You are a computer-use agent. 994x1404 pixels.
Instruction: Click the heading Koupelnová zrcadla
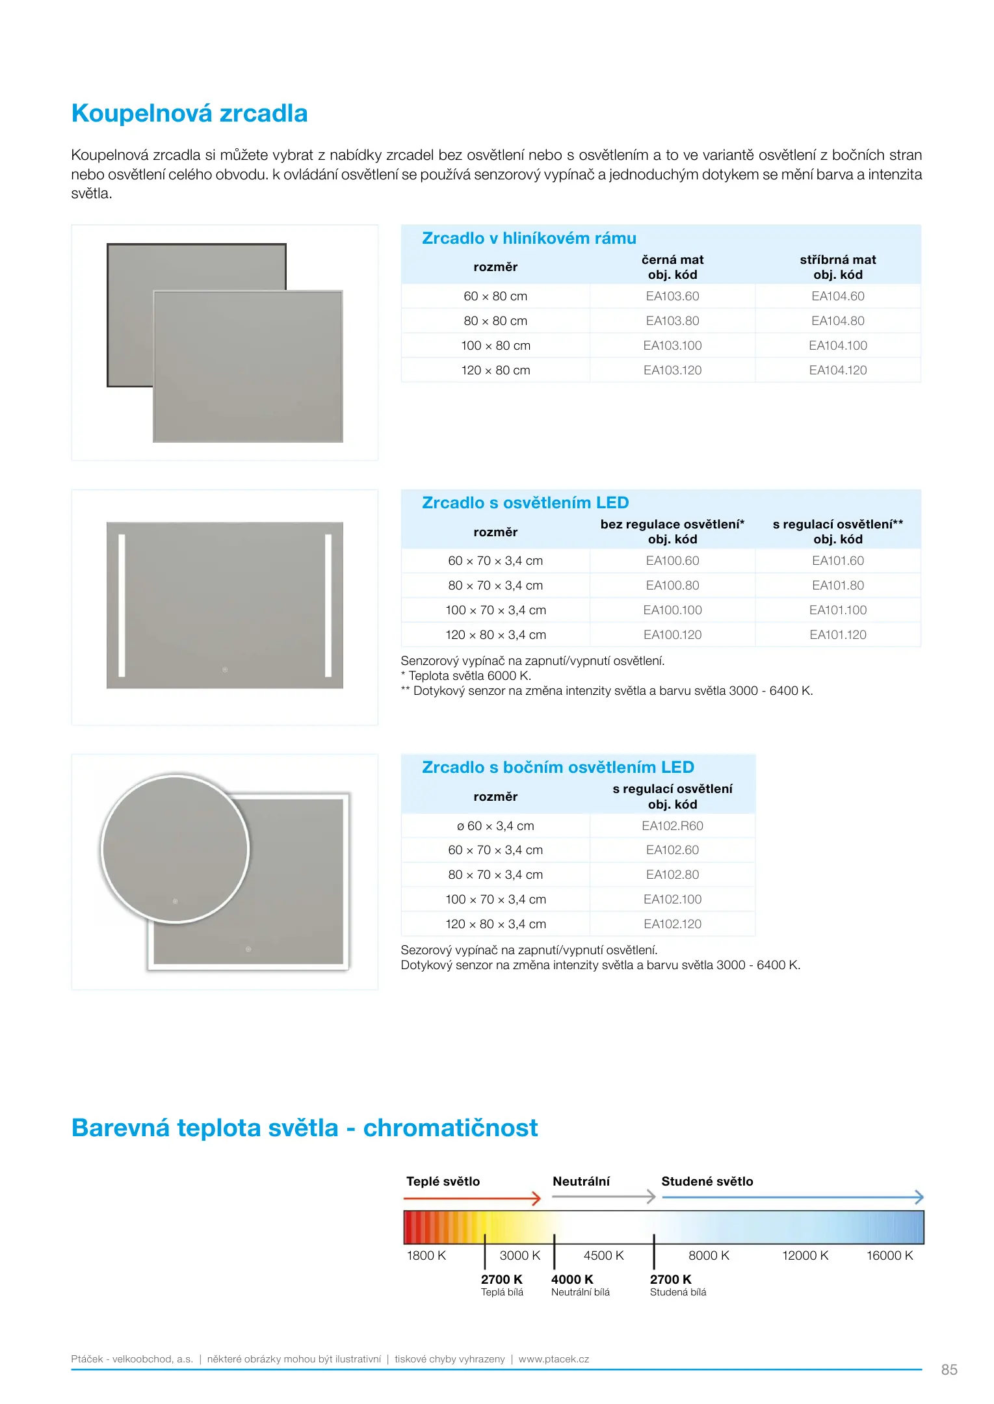point(189,114)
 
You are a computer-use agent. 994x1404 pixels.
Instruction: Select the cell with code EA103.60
point(672,296)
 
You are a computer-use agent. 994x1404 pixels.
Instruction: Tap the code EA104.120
point(837,370)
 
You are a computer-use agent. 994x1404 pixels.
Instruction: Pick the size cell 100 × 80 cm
point(495,346)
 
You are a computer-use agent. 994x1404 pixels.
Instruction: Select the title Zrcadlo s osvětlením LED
point(525,503)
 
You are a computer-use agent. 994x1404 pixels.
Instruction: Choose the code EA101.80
point(837,586)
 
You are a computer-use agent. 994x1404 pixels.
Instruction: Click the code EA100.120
point(672,635)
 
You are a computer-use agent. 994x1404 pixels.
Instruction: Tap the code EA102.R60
point(672,826)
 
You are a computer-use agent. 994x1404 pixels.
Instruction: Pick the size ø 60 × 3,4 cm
point(495,826)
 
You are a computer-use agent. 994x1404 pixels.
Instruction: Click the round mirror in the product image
point(175,848)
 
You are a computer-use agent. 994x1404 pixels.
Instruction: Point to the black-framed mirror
point(130,312)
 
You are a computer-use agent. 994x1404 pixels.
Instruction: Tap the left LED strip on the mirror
point(122,604)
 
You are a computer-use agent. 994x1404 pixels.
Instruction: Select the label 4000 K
point(572,1279)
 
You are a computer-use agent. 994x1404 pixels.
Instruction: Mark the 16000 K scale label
point(889,1256)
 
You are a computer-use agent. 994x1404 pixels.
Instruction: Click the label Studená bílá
point(677,1292)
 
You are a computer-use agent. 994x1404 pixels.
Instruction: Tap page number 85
point(948,1370)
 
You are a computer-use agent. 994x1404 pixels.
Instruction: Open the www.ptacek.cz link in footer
point(553,1358)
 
